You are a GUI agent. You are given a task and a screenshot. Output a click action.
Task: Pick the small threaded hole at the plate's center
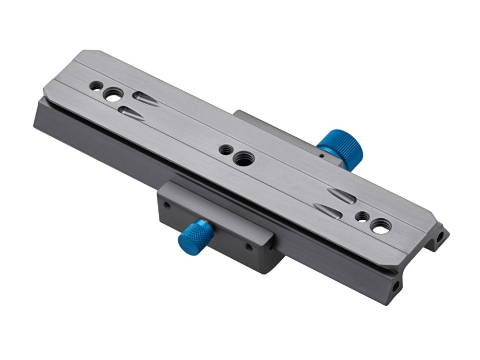pyautogui.click(x=225, y=150)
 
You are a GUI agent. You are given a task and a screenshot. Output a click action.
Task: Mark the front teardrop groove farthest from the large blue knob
pyautogui.click(x=130, y=112)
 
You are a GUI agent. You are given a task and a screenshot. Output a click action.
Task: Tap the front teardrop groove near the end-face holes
pyautogui.click(x=327, y=211)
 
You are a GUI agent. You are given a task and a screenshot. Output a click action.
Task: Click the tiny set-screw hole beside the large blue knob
pyautogui.click(x=319, y=156)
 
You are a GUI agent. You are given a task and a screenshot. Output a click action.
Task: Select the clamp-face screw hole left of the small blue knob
pyautogui.click(x=167, y=205)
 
